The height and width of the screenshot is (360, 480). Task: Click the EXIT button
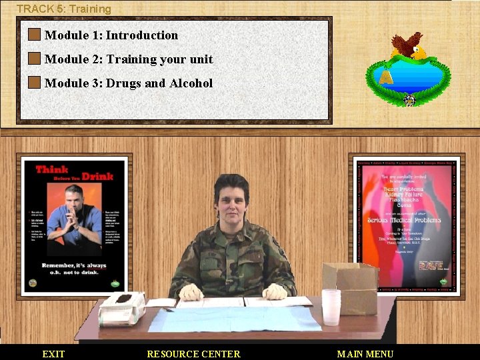pos(53,354)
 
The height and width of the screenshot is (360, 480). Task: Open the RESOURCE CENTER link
pos(193,354)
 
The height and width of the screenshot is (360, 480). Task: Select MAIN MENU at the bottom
pos(365,354)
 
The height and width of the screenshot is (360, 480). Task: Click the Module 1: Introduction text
pos(111,35)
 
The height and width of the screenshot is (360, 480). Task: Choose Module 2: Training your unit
pos(128,59)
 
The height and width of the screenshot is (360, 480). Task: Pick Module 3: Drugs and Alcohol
pos(128,83)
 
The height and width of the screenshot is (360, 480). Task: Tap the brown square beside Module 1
pos(35,35)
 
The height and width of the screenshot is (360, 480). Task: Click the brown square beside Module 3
pos(35,83)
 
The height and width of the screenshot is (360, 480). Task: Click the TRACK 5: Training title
pos(64,9)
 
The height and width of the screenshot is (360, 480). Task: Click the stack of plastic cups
pos(331,307)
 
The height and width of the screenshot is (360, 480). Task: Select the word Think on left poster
pos(52,169)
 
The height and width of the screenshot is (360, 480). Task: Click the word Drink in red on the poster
pos(97,177)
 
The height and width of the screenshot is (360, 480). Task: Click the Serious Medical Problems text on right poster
pos(405,221)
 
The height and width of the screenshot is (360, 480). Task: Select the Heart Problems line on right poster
pos(405,189)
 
